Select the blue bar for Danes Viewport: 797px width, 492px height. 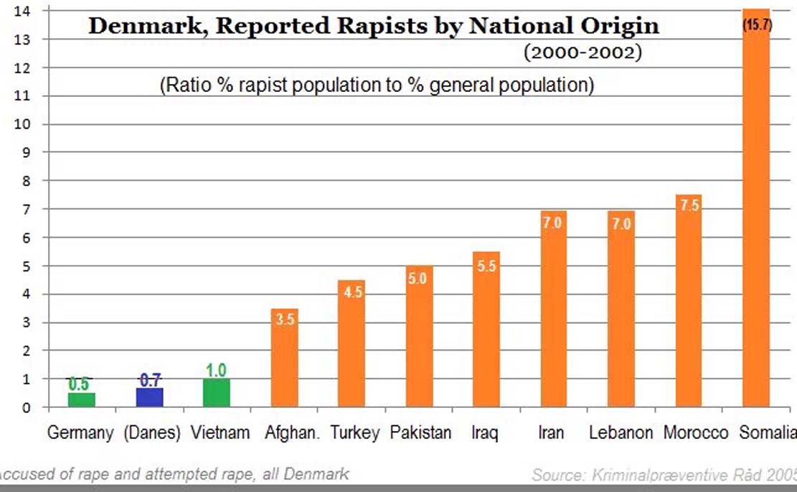(x=150, y=398)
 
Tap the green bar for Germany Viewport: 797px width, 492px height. (x=82, y=401)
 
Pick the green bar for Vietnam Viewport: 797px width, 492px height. (x=217, y=394)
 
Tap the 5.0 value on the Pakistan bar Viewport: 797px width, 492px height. (x=419, y=278)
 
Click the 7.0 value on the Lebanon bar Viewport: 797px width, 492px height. (x=621, y=223)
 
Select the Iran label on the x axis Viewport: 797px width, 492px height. (x=551, y=433)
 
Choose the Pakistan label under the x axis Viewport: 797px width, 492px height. (x=421, y=433)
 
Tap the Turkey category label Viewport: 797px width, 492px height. (x=354, y=433)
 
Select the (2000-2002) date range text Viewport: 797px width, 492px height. (x=582, y=52)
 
